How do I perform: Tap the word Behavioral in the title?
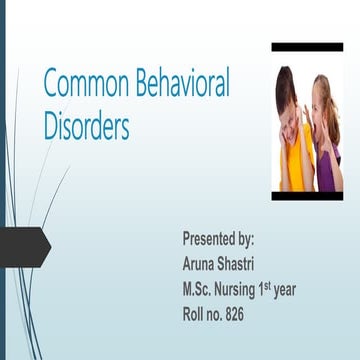tap(179, 85)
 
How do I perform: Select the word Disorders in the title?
tap(86, 127)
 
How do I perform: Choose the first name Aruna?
tap(202, 265)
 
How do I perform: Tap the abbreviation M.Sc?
tap(200, 290)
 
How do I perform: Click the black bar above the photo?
tap(307, 47)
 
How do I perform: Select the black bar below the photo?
tap(307, 196)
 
